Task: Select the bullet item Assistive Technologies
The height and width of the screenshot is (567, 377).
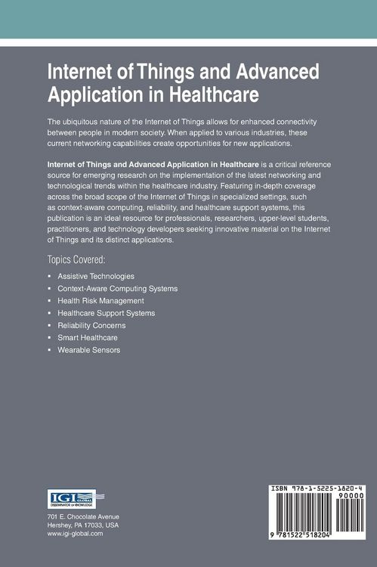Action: [96, 277]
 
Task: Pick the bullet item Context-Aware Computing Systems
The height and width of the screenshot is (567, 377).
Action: [118, 289]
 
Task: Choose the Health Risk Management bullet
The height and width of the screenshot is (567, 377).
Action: [100, 301]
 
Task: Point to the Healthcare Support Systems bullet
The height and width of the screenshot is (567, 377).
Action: [106, 313]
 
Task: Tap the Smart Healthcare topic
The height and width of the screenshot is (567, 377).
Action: [88, 337]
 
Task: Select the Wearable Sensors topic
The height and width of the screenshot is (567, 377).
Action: [88, 349]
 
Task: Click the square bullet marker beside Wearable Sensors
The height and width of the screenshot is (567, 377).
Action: [49, 349]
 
